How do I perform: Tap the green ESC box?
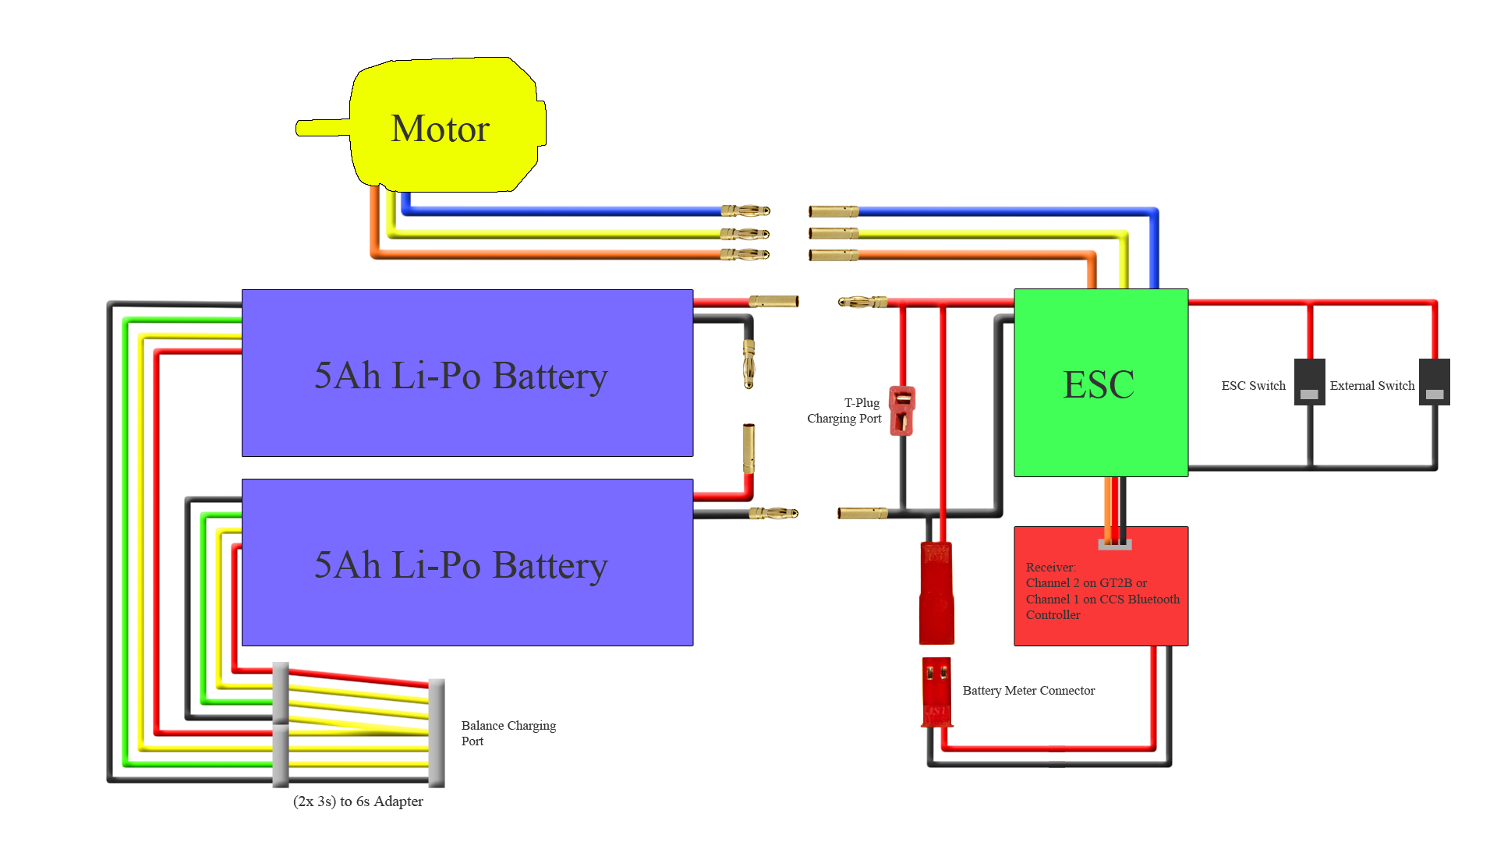click(1100, 383)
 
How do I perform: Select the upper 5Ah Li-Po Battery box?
click(467, 373)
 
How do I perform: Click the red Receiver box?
click(1100, 593)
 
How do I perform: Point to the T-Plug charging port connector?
click(902, 410)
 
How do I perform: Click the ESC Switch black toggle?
click(1309, 382)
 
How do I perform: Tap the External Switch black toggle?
click(1434, 382)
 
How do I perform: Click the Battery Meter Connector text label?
click(1028, 691)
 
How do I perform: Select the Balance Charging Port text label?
click(508, 733)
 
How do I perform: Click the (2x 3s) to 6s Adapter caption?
click(358, 801)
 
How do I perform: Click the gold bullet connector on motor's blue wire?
click(745, 210)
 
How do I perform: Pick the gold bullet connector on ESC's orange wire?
click(833, 255)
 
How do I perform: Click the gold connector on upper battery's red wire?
click(773, 301)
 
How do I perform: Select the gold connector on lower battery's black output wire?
click(773, 513)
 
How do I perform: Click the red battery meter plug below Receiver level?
click(936, 692)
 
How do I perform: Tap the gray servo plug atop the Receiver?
click(1114, 544)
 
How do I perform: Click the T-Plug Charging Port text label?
click(844, 411)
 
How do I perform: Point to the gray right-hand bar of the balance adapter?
click(437, 733)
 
